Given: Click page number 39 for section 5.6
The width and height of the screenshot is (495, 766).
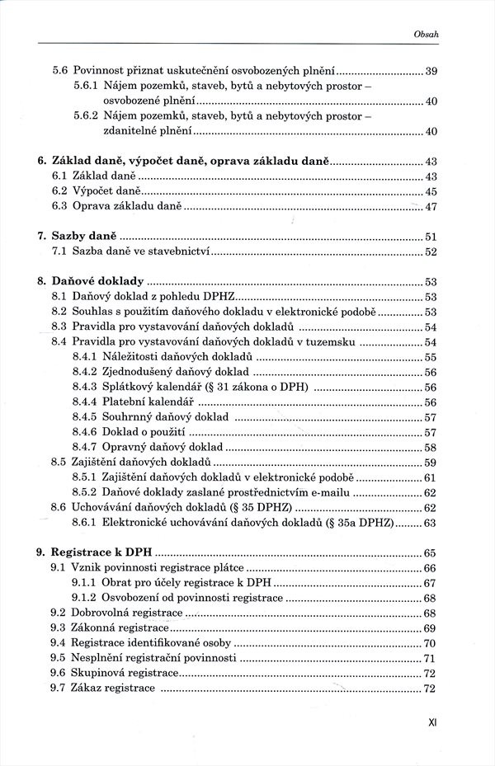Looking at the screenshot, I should point(430,72).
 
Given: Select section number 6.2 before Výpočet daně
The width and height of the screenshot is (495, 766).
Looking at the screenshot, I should point(59,191).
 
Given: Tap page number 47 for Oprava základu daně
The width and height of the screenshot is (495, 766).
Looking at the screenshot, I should point(430,207).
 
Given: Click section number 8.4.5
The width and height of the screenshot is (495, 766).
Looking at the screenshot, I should point(84,417).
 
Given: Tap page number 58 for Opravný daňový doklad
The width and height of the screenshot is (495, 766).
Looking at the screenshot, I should point(430,447).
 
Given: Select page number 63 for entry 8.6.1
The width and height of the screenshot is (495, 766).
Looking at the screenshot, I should point(430,523).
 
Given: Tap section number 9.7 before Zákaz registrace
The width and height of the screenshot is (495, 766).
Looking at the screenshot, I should point(59,688).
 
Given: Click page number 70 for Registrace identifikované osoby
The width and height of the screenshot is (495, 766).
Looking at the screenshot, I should point(430,643).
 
